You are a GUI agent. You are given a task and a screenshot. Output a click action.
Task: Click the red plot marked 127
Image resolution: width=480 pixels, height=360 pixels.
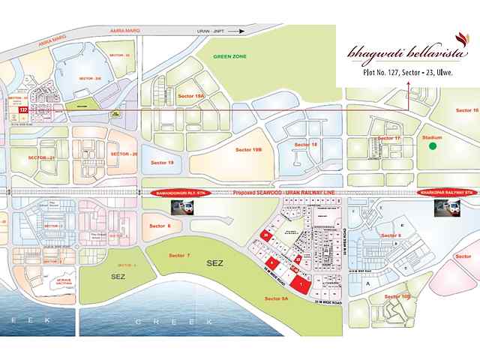click(22, 109)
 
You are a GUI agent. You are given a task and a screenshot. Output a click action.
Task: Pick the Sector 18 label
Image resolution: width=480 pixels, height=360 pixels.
click(306, 144)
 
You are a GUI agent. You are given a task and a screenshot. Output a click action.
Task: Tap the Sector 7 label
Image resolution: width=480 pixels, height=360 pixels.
click(178, 256)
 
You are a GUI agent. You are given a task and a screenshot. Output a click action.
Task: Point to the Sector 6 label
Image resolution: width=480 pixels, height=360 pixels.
click(160, 226)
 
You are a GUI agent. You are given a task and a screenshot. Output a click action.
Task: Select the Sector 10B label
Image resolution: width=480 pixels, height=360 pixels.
click(397, 297)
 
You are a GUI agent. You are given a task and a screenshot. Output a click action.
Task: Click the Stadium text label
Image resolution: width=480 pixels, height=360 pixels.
click(432, 139)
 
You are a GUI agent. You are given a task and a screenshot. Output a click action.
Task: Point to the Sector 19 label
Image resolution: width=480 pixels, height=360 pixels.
click(162, 162)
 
